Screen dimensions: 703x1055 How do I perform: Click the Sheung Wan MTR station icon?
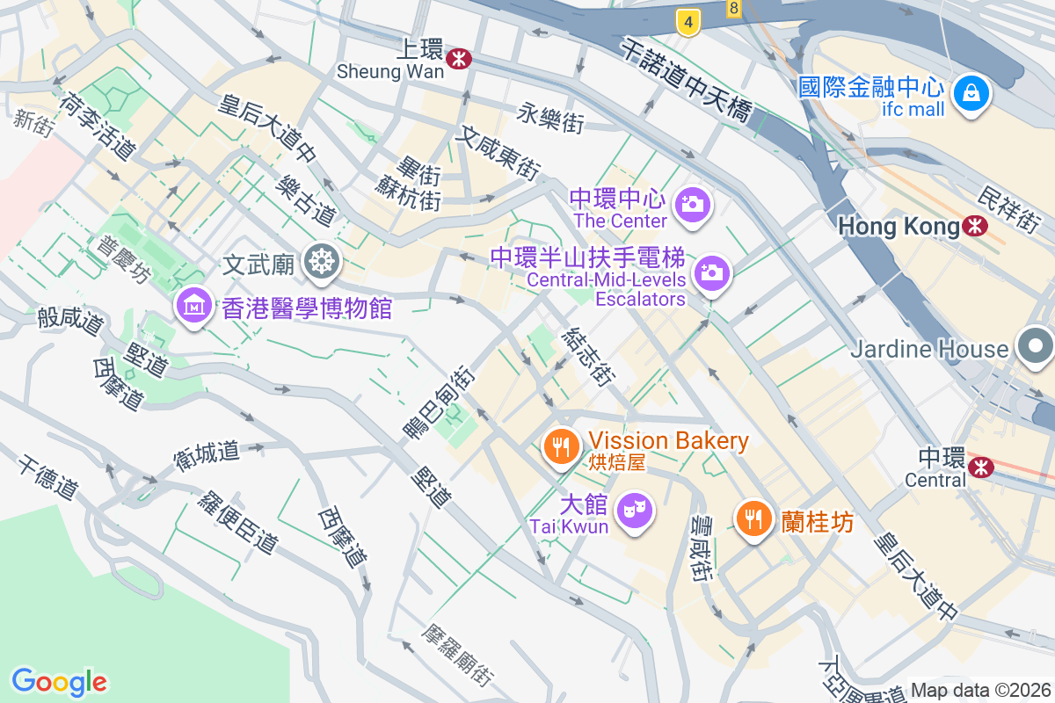[458, 59]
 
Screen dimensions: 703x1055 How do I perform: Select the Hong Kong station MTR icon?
[974, 227]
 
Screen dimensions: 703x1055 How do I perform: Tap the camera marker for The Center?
[692, 205]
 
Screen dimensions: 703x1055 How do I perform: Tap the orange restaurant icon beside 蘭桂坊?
[753, 518]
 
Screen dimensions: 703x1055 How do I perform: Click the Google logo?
[59, 682]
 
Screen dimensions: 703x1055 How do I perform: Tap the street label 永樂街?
[550, 118]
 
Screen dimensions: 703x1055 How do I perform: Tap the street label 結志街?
[587, 357]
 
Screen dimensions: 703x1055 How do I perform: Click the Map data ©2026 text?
[980, 690]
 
